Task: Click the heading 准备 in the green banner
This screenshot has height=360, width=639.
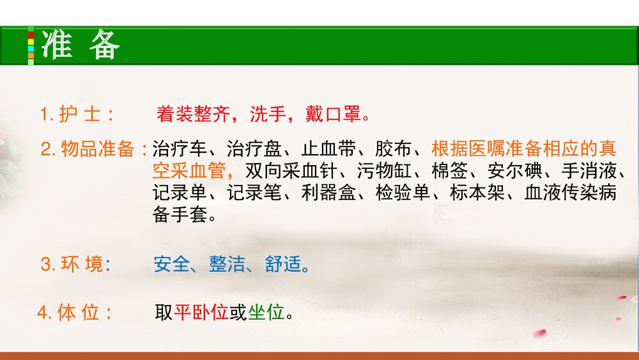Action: pyautogui.click(x=81, y=45)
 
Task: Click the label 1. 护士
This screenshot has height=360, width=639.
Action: pyautogui.click(x=77, y=115)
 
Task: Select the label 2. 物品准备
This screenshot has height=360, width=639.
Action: pyautogui.click(x=93, y=150)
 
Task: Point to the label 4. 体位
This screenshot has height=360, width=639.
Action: pyautogui.click(x=74, y=313)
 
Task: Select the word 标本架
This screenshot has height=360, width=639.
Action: pyautogui.click(x=477, y=193)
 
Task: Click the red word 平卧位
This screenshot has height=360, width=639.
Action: pyautogui.click(x=201, y=313)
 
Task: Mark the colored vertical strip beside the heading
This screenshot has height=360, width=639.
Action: pyautogui.click(x=31, y=45)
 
